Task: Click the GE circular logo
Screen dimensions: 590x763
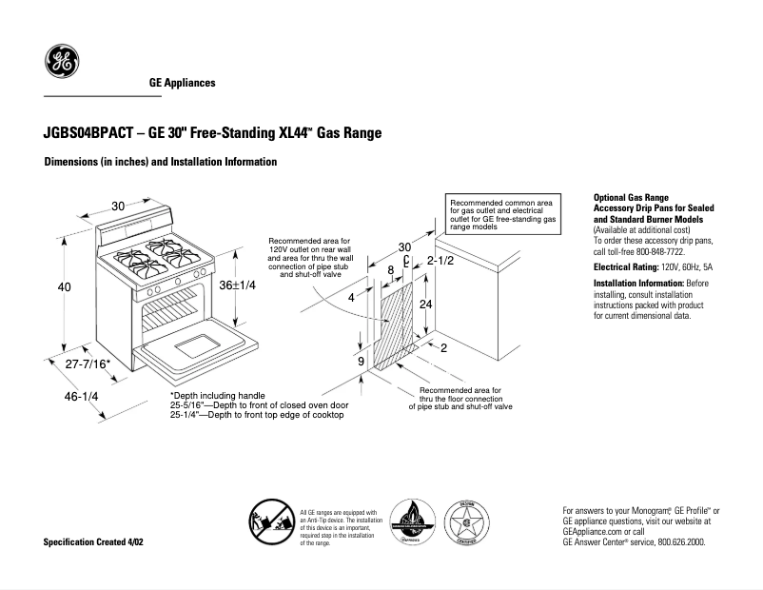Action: (62, 63)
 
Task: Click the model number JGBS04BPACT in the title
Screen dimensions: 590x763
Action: (88, 134)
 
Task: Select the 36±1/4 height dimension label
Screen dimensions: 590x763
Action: (238, 286)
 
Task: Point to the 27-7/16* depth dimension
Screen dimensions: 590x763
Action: (83, 364)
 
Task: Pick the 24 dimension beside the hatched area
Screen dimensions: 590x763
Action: (426, 305)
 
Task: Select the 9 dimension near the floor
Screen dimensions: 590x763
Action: (362, 362)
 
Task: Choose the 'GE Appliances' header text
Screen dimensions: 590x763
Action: (182, 83)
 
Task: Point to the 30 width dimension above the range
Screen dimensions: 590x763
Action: (118, 206)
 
